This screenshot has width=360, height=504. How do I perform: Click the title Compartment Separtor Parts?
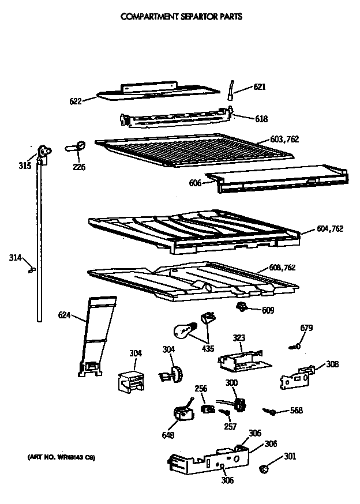[x=181, y=17]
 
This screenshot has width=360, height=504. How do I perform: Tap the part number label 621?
[x=260, y=87]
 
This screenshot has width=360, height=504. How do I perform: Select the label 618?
[x=261, y=119]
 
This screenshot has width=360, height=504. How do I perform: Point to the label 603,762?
[x=284, y=140]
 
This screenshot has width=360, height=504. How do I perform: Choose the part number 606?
[x=194, y=183]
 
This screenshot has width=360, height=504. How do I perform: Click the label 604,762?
[x=329, y=228]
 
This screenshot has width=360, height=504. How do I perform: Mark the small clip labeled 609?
[x=242, y=307]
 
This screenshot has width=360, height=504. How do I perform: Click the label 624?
[x=64, y=315]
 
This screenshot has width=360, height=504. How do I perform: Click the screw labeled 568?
[x=269, y=411]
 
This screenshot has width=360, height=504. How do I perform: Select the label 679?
[x=306, y=328]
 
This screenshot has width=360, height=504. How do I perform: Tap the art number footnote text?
[x=61, y=457]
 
